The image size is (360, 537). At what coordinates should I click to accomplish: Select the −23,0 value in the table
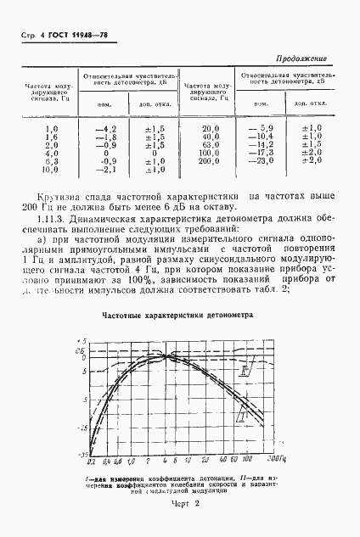(x=256, y=160)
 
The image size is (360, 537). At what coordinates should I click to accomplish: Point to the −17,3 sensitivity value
(x=256, y=152)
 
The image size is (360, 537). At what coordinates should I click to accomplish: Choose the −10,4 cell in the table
(x=256, y=136)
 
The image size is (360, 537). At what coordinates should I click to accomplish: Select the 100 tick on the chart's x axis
(x=246, y=462)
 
